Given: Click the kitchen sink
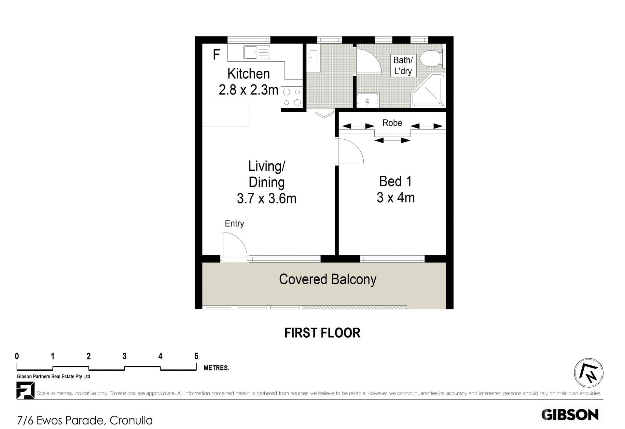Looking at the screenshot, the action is pyautogui.click(x=257, y=52).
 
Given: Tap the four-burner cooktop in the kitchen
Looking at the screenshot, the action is pyautogui.click(x=292, y=97).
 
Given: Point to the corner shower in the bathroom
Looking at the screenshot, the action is pyautogui.click(x=428, y=91).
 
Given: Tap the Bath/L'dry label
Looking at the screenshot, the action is pyautogui.click(x=403, y=65).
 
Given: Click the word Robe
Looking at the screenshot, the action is pyautogui.click(x=392, y=123).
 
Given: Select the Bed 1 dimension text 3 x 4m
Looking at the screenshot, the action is pyautogui.click(x=396, y=198).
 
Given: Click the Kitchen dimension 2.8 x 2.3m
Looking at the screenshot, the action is pyautogui.click(x=248, y=90).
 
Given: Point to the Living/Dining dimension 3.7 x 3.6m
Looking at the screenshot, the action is pyautogui.click(x=267, y=199).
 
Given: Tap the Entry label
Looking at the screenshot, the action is pyautogui.click(x=234, y=223).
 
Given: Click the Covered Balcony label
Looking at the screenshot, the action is pyautogui.click(x=327, y=279).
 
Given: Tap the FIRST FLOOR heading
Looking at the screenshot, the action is pyautogui.click(x=322, y=333).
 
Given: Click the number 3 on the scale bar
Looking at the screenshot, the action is pyautogui.click(x=124, y=356).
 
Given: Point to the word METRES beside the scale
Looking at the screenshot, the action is pyautogui.click(x=216, y=368).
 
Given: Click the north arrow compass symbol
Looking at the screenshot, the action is pyautogui.click(x=589, y=373).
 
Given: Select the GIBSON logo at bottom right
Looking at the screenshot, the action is pyautogui.click(x=570, y=415).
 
